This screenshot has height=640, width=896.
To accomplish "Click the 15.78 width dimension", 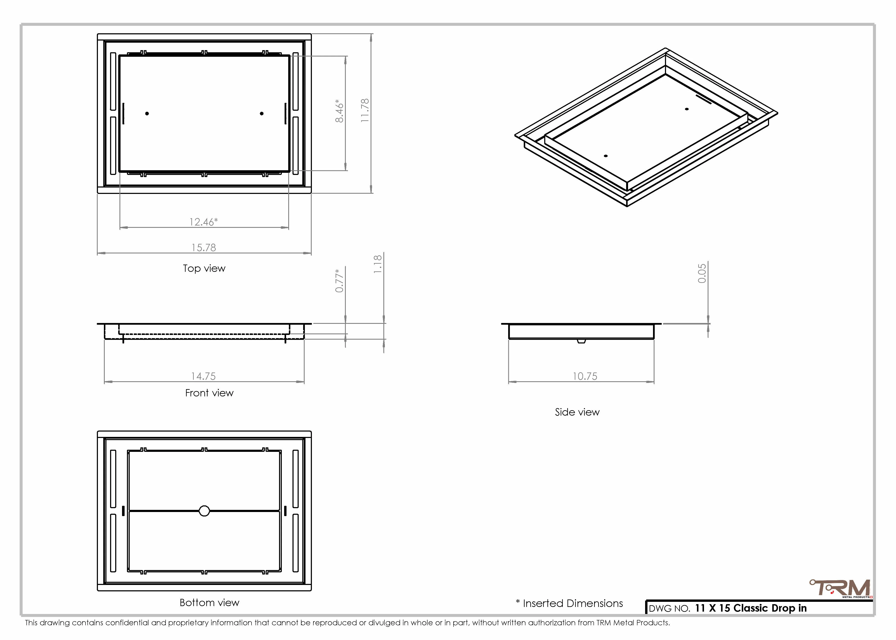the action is pos(204,247).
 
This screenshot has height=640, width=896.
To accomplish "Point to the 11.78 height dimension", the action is pos(365,110).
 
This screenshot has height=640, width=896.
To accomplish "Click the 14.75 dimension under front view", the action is pos(203,376).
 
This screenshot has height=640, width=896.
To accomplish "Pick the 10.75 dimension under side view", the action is pos(585,376).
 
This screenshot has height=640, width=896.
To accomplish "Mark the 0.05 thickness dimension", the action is pos(702,273).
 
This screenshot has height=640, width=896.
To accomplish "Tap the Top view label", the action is pos(204,268).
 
